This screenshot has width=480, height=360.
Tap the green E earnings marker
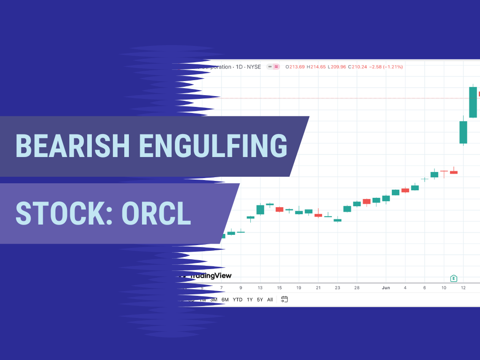coord(453,278)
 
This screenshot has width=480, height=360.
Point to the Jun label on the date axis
coord(386,288)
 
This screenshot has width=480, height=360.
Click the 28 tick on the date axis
coord(357,288)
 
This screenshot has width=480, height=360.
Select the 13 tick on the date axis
coord(260,288)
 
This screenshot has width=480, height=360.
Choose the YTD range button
coord(238,300)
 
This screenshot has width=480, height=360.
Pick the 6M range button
coord(225,300)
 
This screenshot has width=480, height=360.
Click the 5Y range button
coord(260,300)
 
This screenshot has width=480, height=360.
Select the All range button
coord(270,300)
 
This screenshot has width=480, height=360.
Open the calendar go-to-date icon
coord(285,299)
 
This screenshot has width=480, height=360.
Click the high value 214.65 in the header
coord(316,67)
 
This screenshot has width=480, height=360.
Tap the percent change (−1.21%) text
coord(393,67)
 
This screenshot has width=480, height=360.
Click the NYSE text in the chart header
coord(253,67)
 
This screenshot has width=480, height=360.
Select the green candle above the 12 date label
coord(463,132)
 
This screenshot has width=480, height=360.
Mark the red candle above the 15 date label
coord(279,209)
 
